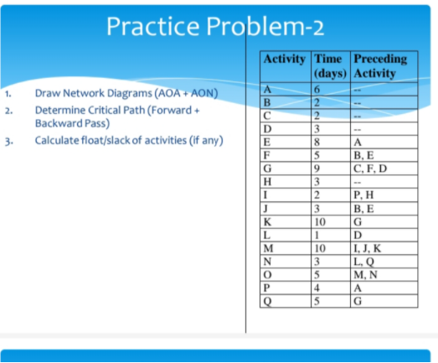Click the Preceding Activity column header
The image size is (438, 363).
click(x=380, y=65)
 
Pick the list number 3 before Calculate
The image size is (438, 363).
click(x=6, y=140)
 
